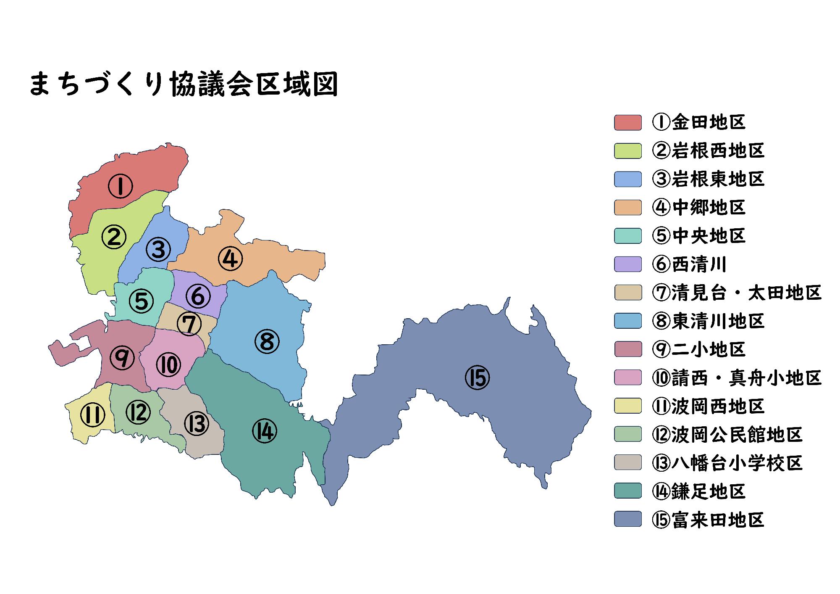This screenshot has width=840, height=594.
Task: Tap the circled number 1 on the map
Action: coord(121,186)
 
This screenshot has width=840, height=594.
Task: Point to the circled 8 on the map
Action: coord(267,341)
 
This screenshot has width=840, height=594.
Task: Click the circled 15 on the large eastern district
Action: coord(478,377)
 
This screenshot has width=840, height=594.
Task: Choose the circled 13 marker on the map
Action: coord(196,423)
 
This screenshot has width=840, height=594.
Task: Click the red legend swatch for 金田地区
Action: coord(628,122)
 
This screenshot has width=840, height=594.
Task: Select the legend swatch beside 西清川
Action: coord(628,264)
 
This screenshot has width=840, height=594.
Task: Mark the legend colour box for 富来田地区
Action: coord(628,519)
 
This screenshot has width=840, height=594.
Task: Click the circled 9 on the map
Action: coord(122,357)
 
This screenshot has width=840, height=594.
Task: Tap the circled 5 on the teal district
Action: coord(141,301)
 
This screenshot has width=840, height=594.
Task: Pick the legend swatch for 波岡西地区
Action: coord(628,406)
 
